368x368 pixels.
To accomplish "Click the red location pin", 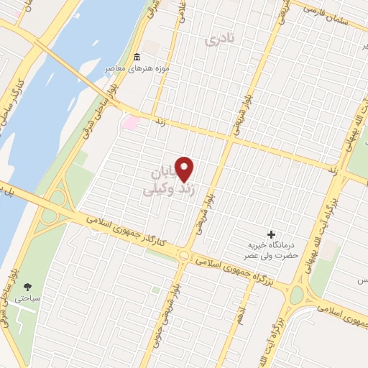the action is click(x=185, y=169).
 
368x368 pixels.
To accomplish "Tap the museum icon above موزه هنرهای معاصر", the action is click(x=137, y=57).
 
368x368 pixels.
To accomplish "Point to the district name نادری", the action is click(x=221, y=40).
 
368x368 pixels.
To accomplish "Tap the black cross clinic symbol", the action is click(x=271, y=234).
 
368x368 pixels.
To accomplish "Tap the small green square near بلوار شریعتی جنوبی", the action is click(x=155, y=291).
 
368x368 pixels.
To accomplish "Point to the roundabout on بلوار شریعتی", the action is click(x=185, y=255).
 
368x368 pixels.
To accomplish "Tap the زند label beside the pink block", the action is click(x=160, y=124).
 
